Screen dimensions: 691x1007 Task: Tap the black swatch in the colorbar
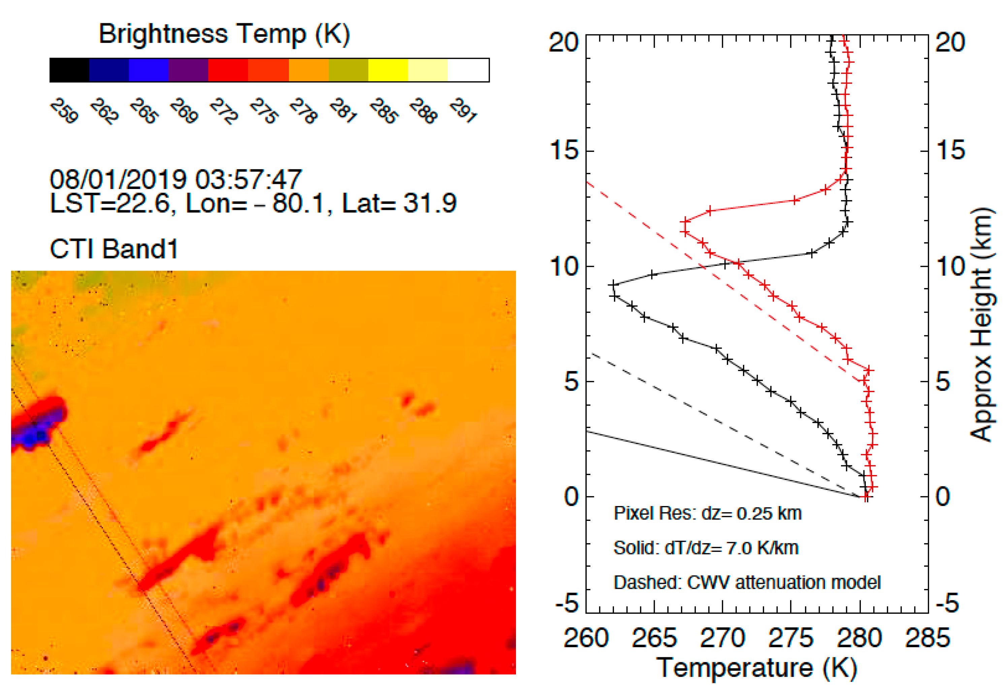pyautogui.click(x=69, y=70)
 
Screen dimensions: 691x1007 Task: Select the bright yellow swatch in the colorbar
pyautogui.click(x=388, y=70)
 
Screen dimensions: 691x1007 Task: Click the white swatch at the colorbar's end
pyautogui.click(x=468, y=70)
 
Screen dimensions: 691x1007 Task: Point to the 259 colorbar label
pyautogui.click(x=64, y=111)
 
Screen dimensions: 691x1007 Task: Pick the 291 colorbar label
pyautogui.click(x=463, y=111)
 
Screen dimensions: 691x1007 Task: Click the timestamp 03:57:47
pyautogui.click(x=248, y=179)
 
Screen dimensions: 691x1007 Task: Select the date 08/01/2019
pyautogui.click(x=118, y=179)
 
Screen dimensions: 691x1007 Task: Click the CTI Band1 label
pyautogui.click(x=113, y=249)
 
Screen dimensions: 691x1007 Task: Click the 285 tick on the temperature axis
pyautogui.click(x=927, y=638)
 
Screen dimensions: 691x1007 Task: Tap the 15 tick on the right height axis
pyautogui.click(x=950, y=150)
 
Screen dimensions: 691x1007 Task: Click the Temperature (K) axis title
pyautogui.click(x=756, y=668)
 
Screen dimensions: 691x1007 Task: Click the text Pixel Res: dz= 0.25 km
pyautogui.click(x=707, y=513)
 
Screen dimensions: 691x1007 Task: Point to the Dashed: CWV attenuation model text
pyautogui.click(x=747, y=582)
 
